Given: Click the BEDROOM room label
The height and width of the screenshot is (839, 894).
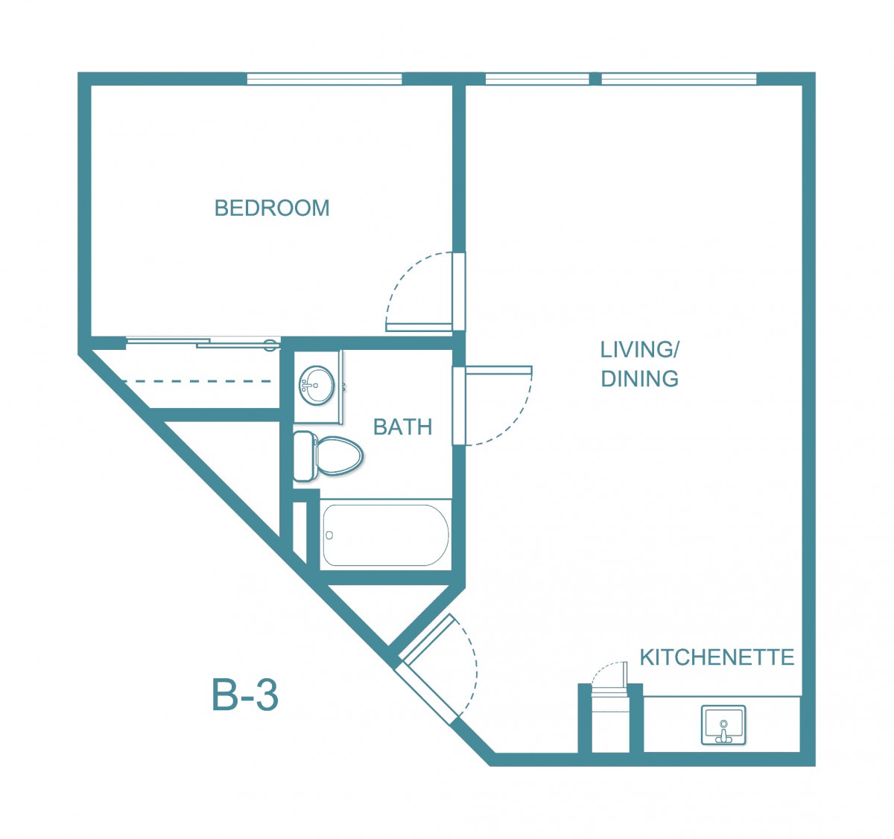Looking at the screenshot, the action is tap(272, 208).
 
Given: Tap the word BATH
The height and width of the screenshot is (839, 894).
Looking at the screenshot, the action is tap(403, 427).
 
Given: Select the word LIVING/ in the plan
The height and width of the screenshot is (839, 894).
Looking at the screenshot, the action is tap(640, 350).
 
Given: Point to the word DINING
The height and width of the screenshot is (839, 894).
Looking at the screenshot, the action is tap(640, 379).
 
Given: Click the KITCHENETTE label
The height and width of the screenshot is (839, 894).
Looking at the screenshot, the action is tap(717, 657).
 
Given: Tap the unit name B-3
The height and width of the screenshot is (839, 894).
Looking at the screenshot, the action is tap(245, 695).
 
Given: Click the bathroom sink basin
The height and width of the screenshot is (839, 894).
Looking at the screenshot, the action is tap(317, 386).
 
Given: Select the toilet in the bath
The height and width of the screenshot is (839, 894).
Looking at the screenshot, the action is tap(328, 456).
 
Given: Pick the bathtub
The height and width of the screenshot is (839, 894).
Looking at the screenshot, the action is tap(386, 535).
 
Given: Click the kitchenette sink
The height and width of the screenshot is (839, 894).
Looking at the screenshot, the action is tap(723, 725).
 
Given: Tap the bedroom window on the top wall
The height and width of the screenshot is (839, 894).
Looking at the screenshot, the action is tap(324, 79).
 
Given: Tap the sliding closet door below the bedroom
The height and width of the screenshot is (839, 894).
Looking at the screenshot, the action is tap(203, 342).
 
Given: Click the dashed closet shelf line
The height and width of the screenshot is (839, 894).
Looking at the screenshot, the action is tap(197, 381).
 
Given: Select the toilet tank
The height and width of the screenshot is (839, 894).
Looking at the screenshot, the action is tap(303, 456).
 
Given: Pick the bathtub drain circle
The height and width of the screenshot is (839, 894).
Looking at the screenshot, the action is tap(329, 535).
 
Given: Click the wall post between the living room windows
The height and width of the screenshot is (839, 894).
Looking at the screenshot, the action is tap(595, 79).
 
